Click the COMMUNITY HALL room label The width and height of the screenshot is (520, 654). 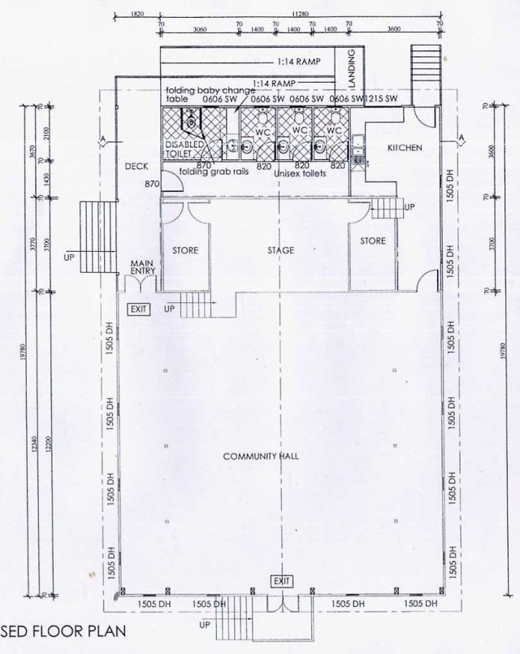point(261,457)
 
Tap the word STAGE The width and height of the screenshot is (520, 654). point(279,250)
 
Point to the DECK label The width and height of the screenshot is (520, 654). point(135,166)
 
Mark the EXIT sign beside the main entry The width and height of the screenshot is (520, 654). point(138,309)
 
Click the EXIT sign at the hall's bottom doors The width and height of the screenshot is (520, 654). point(282,581)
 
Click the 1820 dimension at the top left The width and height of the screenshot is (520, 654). point(136,12)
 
